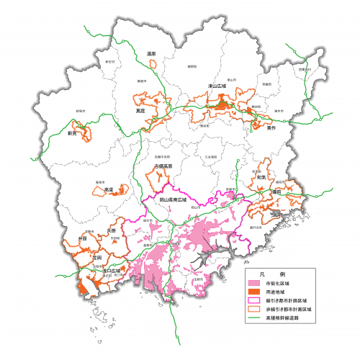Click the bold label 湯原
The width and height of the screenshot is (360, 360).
click(151, 53)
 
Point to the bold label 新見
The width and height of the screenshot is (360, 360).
click(72, 133)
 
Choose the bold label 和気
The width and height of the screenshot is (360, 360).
click(261, 177)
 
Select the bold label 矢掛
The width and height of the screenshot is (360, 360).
click(110, 230)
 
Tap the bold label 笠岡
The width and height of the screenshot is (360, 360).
click(98, 257)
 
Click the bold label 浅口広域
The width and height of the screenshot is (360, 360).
click(112, 271)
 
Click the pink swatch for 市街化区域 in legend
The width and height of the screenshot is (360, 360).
click(255, 287)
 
